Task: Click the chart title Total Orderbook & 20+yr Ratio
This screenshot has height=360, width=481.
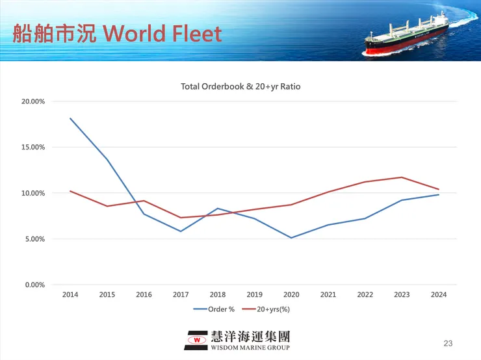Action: (x=240, y=86)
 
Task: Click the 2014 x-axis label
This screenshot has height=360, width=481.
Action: (x=70, y=294)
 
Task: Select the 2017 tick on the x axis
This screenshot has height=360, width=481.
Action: (x=181, y=294)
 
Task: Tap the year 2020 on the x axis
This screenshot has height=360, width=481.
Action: (x=291, y=294)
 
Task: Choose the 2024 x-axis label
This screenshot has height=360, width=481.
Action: (x=439, y=294)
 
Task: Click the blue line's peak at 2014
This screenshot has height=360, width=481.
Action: (x=70, y=118)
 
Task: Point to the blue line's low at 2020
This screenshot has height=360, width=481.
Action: (x=291, y=238)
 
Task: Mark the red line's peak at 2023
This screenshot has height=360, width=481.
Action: (x=402, y=177)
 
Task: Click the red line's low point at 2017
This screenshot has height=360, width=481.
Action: (x=181, y=218)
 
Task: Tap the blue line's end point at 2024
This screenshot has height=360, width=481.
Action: (x=439, y=195)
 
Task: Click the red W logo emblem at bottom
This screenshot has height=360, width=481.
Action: (x=196, y=339)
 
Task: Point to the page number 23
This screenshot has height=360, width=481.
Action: (x=447, y=342)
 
